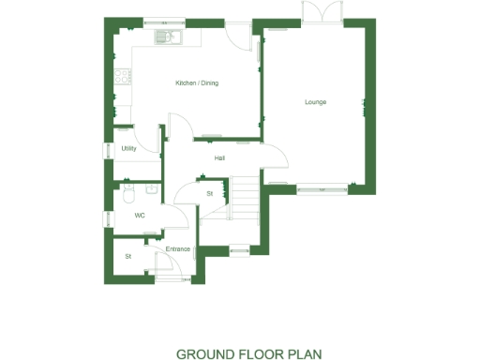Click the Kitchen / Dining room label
(197, 83)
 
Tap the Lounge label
(315, 101)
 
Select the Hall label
(219, 157)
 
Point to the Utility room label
(129, 149)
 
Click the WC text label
(140, 215)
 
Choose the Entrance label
(178, 248)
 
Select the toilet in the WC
(129, 193)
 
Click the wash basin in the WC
(150, 189)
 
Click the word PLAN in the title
(306, 354)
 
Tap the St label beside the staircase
(210, 193)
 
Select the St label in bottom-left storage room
(128, 256)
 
